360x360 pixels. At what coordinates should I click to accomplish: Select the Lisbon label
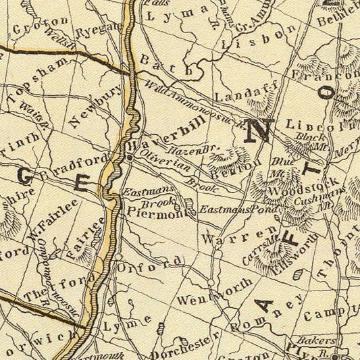click(x=263, y=38)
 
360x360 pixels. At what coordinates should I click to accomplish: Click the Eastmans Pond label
click(x=230, y=211)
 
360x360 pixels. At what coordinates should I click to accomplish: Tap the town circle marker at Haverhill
click(x=129, y=157)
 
